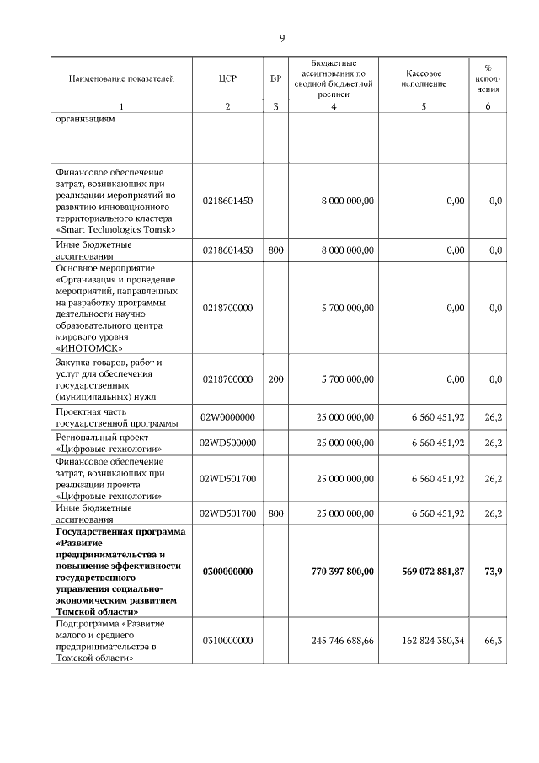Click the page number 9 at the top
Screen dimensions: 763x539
[282, 38]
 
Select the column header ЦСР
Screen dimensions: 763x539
[227, 79]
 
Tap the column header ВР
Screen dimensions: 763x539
[275, 79]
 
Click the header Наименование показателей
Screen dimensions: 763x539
[121, 79]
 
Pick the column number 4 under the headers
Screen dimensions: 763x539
[334, 106]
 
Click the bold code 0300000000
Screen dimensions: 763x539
[227, 572]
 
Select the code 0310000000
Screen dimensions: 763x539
[227, 641]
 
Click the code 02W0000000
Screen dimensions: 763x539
[227, 417]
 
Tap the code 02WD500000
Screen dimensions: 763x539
[227, 443]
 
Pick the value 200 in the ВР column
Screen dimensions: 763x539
[275, 379]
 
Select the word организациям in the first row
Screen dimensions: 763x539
[85, 119]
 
